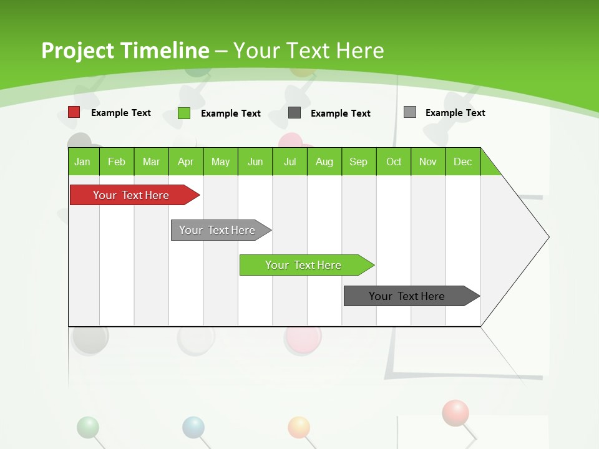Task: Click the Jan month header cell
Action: point(83,162)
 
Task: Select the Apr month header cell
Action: point(186,162)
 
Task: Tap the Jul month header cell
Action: point(290,162)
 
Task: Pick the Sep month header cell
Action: point(359,162)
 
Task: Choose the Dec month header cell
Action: point(462,162)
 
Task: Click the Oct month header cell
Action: point(394,162)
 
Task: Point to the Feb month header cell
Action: point(117,162)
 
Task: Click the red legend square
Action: point(74,112)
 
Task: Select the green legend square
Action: point(184,113)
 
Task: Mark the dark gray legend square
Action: point(295,113)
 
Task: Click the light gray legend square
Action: point(410,112)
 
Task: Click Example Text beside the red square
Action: point(121,113)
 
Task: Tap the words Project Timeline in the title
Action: point(125,51)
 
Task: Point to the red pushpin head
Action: point(455,412)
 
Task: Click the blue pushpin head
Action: point(193,427)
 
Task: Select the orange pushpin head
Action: point(299,427)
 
